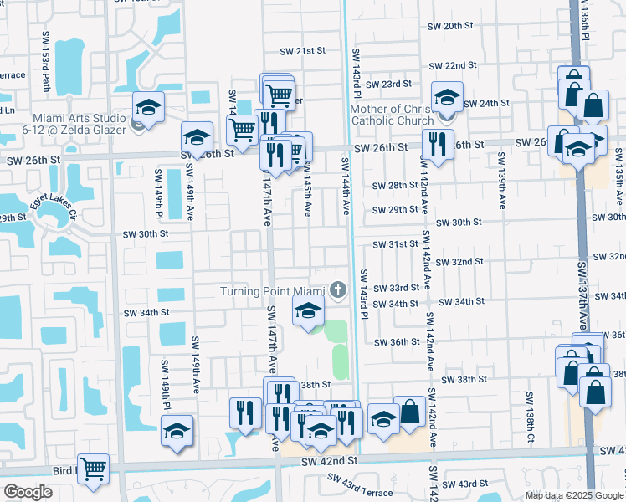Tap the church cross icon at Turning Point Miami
[x=338, y=290]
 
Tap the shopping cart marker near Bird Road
[x=93, y=469]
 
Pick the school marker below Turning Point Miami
[x=308, y=312]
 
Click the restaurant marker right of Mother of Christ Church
[x=438, y=144]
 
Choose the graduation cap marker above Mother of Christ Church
[x=447, y=97]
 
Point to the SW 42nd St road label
[x=329, y=461]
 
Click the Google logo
[x=28, y=492]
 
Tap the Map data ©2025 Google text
[x=574, y=495]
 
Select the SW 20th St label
[x=450, y=27]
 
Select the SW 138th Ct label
[x=530, y=417]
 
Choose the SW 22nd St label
[x=453, y=65]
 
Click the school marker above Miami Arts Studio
[x=148, y=107]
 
